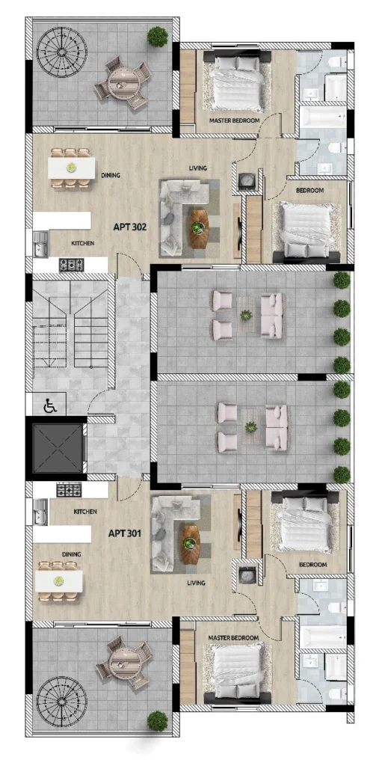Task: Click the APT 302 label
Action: [x=130, y=227]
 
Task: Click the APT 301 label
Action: [x=125, y=533]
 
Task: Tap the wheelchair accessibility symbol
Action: [x=49, y=405]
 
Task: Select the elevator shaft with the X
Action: [x=58, y=449]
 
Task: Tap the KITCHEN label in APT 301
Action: [x=85, y=512]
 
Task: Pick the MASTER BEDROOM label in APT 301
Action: [x=233, y=638]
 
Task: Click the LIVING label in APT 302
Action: [x=198, y=168]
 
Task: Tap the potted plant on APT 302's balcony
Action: [x=158, y=37]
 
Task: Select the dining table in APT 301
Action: [x=58, y=580]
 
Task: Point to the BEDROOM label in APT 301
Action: [x=312, y=565]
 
